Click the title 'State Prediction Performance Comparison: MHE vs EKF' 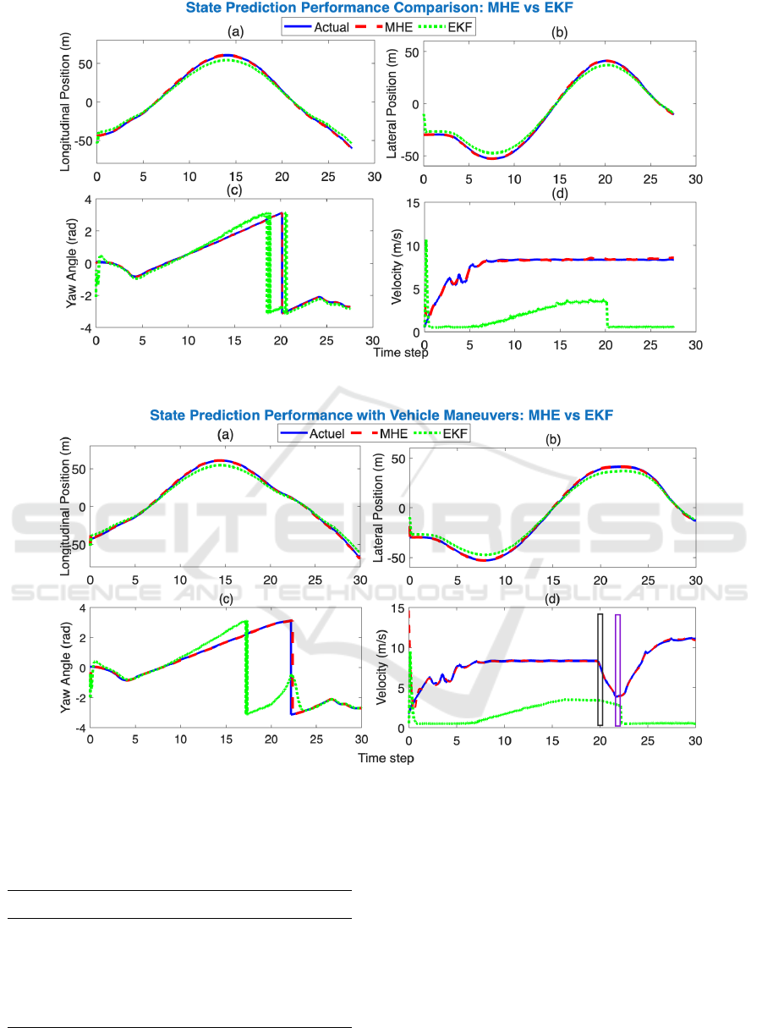click(x=381, y=8)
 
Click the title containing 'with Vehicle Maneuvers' click(x=381, y=415)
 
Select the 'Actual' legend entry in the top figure click(x=332, y=27)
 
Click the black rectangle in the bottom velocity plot click(x=600, y=669)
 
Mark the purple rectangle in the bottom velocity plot click(x=617, y=669)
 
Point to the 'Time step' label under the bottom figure click(x=386, y=758)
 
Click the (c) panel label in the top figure click(x=235, y=190)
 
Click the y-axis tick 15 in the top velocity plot click(x=412, y=201)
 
